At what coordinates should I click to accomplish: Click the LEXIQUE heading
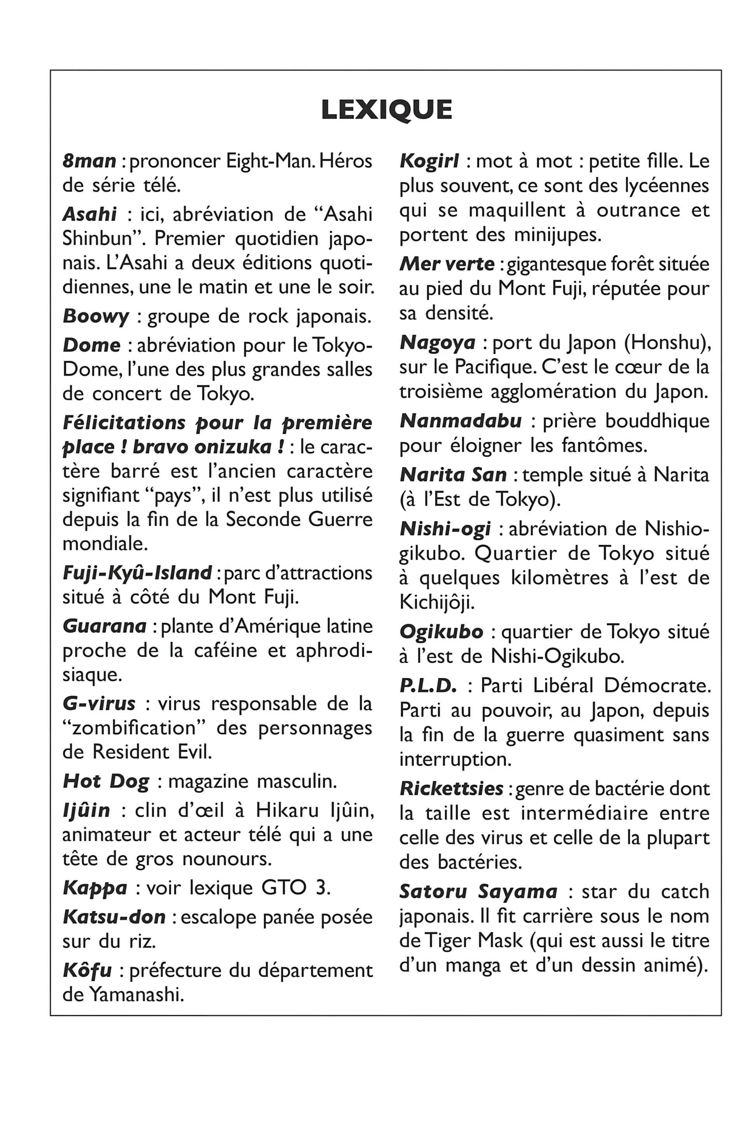386,110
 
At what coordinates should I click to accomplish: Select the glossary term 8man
89,161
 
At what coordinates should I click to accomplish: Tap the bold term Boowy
96,317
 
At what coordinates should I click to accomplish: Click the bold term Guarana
104,626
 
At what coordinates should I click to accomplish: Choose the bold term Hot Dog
106,781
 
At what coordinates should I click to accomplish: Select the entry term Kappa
95,888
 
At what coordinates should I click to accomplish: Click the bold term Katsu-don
114,917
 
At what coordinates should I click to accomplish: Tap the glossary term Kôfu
87,970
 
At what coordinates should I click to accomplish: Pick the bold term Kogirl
429,161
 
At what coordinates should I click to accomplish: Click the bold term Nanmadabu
461,421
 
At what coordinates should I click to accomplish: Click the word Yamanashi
136,995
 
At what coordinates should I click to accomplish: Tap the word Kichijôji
437,603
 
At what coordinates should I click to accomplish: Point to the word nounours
227,859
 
